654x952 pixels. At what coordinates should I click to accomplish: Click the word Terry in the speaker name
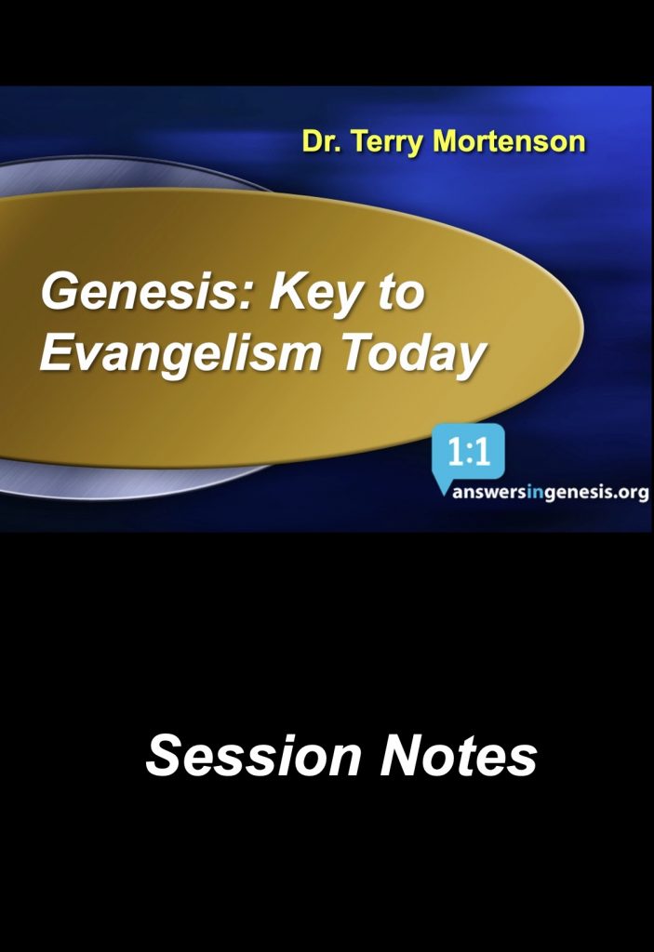388,143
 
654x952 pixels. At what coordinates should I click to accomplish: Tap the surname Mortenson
509,141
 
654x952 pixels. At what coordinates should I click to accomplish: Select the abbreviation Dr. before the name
323,141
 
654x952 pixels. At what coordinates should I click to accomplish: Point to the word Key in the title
318,294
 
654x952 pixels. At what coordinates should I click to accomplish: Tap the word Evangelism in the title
180,354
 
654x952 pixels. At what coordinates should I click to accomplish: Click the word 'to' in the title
401,293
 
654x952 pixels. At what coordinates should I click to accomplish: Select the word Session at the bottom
253,755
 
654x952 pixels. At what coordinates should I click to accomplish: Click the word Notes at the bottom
459,755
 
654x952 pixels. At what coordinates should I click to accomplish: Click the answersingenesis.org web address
550,492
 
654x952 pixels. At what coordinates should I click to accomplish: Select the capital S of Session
163,755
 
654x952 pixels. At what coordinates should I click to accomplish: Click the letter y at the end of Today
471,362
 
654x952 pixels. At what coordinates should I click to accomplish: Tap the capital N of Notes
401,755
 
